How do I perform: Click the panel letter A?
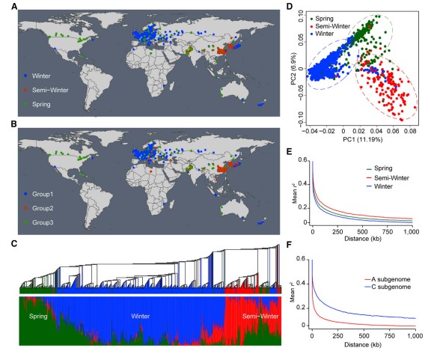point(14,6)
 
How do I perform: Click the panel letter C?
point(14,244)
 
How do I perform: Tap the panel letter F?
point(289,244)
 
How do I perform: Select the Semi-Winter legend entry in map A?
point(46,90)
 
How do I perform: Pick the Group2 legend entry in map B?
point(39,208)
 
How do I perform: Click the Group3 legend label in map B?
point(43,222)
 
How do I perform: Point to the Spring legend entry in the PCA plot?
point(322,19)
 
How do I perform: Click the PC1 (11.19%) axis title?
point(363,140)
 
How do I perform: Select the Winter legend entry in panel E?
point(380,186)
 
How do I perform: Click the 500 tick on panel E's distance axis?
point(363,232)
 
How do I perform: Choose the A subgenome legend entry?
point(388,279)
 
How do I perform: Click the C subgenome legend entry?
point(388,287)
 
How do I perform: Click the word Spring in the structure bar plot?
point(38,317)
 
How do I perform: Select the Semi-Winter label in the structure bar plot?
point(260,317)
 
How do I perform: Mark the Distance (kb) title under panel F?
point(363,344)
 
